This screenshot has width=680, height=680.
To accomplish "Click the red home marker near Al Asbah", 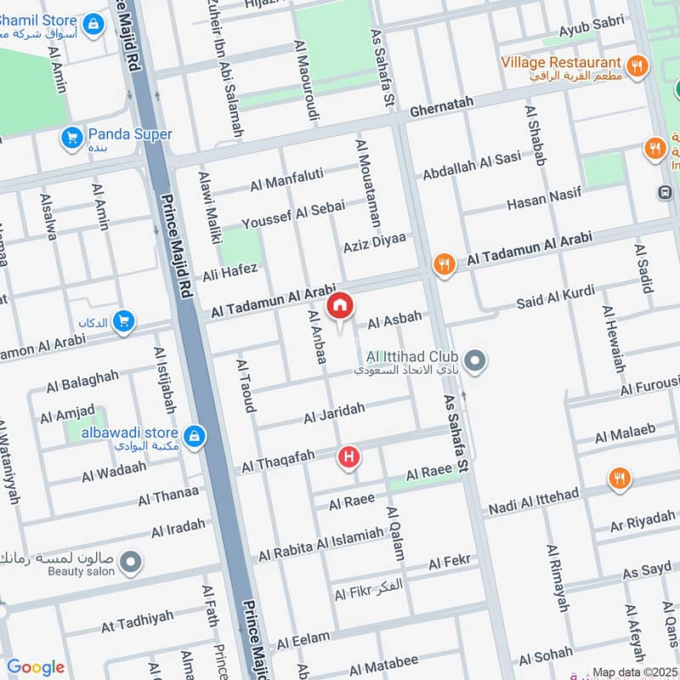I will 340,306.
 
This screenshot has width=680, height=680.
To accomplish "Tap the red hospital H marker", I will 348,458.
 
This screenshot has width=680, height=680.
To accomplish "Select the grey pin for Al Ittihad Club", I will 476,363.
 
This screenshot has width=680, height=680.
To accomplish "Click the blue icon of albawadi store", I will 195,436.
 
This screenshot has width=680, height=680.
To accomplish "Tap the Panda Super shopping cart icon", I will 71,136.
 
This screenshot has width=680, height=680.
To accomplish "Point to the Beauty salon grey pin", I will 130,562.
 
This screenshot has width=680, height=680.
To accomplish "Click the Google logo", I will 36,667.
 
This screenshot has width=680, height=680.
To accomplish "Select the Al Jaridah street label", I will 334,414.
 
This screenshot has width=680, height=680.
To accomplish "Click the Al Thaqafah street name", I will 279,462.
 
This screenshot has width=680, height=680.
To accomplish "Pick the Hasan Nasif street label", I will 544,200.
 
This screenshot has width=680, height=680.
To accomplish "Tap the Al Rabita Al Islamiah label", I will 320,544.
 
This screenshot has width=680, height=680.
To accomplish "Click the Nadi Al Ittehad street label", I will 532,502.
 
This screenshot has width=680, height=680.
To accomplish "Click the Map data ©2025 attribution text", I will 634,671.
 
